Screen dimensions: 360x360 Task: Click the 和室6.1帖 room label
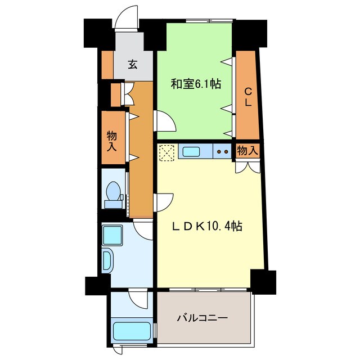point(195,84)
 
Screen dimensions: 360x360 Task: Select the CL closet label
point(247,97)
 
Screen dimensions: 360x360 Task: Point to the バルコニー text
point(202,318)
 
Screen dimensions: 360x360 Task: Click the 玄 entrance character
point(132,65)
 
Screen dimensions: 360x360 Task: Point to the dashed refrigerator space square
point(166,151)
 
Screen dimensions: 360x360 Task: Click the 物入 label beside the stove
point(247,151)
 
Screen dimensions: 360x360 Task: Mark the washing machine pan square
point(112,234)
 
